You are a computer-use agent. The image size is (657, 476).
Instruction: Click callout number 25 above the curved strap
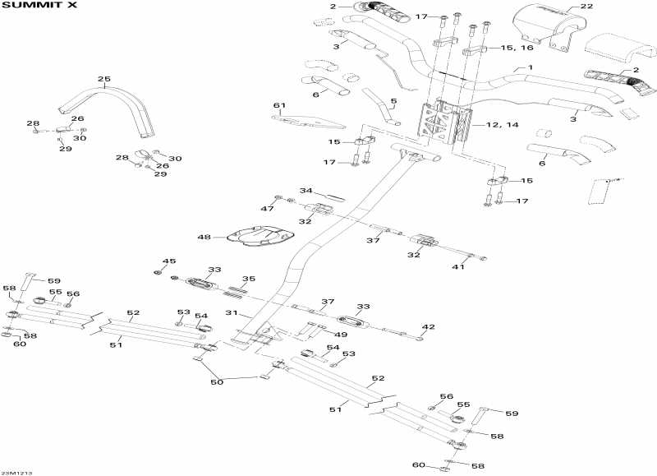tap(103, 80)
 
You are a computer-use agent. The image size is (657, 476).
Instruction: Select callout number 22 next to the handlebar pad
tap(586, 6)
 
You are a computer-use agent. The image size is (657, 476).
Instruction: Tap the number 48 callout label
tap(204, 238)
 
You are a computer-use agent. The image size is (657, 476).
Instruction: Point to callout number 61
tap(278, 105)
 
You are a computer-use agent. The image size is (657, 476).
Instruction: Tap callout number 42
tap(428, 327)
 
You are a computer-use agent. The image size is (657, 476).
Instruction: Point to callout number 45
tap(169, 261)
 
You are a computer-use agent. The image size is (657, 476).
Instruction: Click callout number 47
tap(268, 210)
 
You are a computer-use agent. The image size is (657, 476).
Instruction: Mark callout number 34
tap(306, 191)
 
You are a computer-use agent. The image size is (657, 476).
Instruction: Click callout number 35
tap(249, 279)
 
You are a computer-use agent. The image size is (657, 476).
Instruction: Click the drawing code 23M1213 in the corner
tap(13, 472)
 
